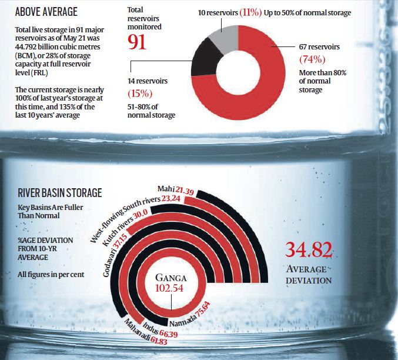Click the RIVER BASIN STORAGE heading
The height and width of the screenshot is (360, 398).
(59, 192)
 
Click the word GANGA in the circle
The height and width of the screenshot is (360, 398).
(172, 277)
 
